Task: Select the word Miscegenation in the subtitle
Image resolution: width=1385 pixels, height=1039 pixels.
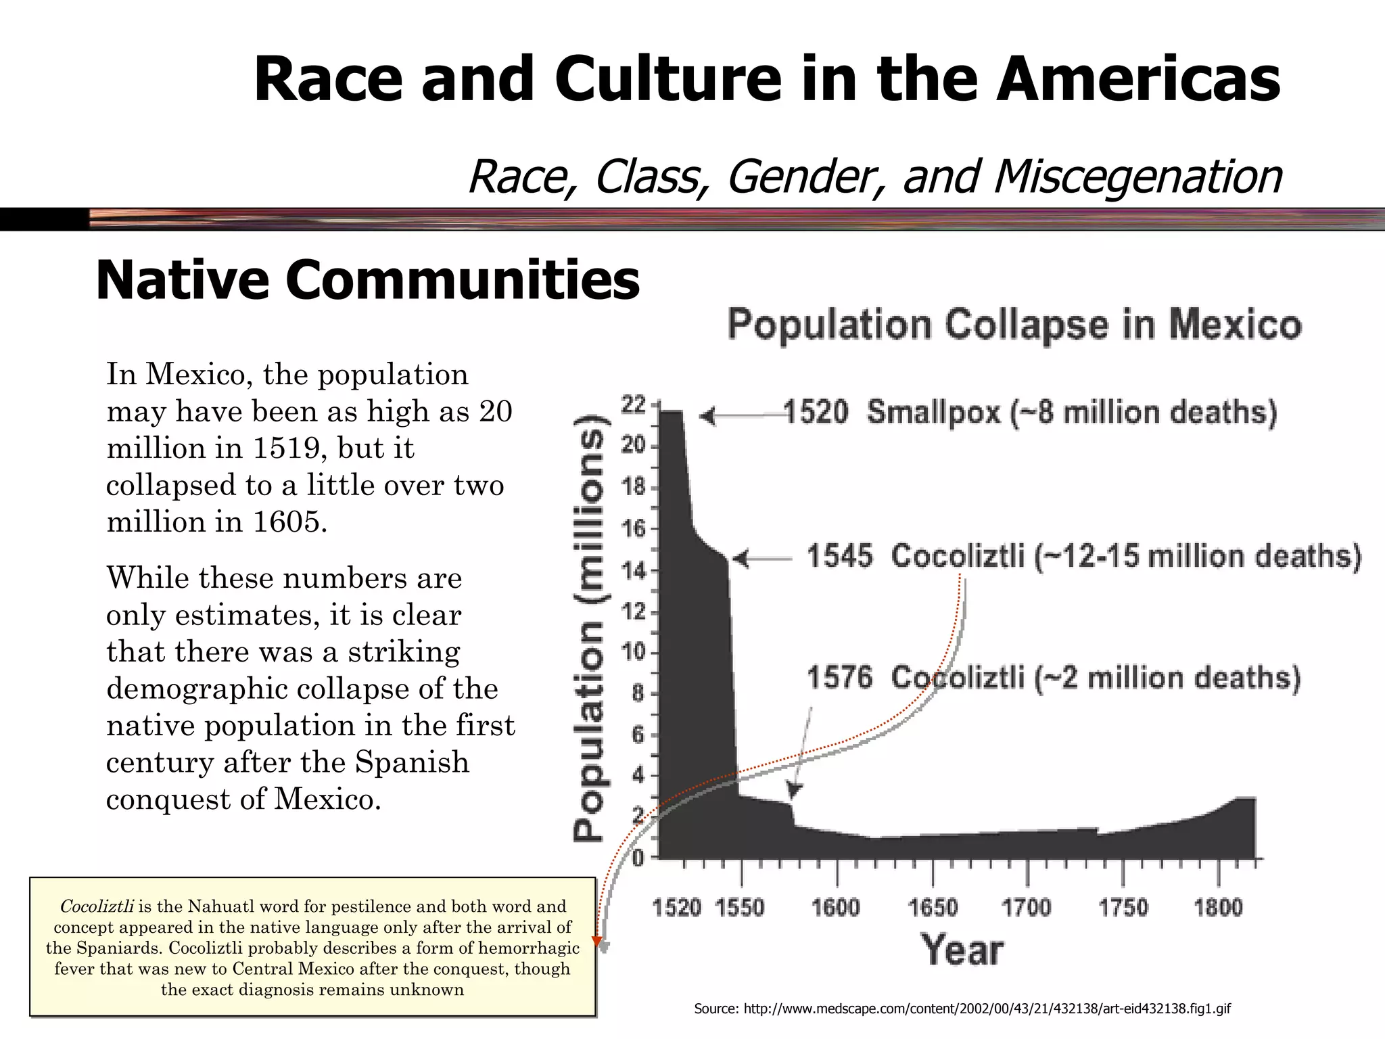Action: coord(1138,177)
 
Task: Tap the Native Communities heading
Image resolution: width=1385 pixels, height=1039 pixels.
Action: coord(368,280)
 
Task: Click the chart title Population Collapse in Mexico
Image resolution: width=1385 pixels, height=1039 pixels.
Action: coord(1014,325)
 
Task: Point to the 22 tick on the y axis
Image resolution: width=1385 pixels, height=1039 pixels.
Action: coord(634,405)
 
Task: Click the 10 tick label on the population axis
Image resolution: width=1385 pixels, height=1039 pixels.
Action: coord(634,653)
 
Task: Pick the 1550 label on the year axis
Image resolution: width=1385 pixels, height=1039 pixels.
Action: coord(740,907)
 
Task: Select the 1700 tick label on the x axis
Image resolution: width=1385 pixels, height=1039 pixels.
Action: coord(1027,907)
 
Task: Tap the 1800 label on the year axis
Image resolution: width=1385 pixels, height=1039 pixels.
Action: coord(1218,907)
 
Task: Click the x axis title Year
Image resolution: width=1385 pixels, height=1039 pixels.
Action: coord(962,950)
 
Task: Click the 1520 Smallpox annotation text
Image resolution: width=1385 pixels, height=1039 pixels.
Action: coord(1030,413)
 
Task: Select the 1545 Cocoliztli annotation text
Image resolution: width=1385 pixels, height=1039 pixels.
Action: coord(1083,557)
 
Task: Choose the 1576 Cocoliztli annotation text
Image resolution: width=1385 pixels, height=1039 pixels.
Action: coord(1054,678)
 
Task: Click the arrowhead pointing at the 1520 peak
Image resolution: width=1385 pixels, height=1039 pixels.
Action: coord(707,415)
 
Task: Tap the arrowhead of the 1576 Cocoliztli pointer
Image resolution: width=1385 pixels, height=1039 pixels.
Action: coord(795,791)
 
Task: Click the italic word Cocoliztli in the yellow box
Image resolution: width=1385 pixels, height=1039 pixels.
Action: coord(96,906)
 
